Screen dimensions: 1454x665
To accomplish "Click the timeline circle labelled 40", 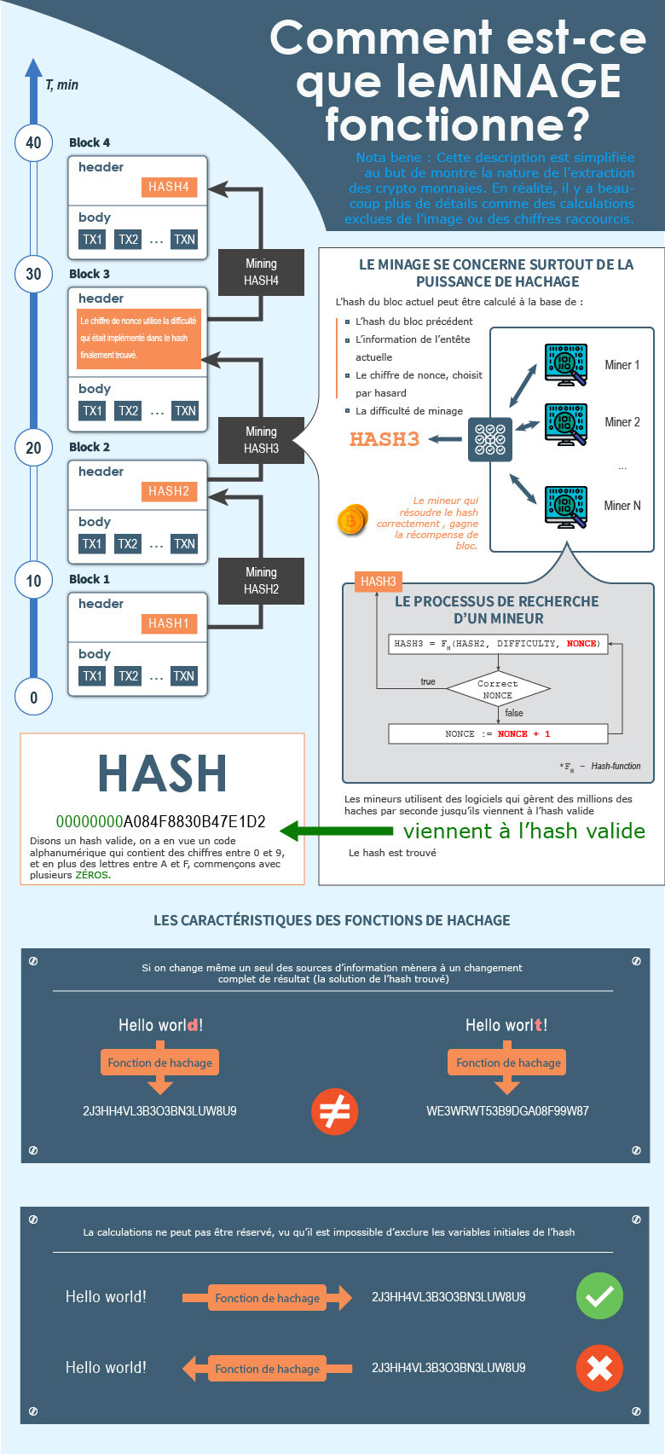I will pyautogui.click(x=33, y=142).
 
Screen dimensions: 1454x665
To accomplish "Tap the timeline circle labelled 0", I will pyautogui.click(x=33, y=697).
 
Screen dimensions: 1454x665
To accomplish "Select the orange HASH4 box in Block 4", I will pyautogui.click(x=169, y=187).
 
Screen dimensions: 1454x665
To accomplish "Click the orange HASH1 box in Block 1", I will pyautogui.click(x=169, y=623).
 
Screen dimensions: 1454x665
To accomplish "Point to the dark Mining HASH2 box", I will pyautogui.click(x=261, y=581).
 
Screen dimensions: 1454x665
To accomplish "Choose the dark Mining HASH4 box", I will pyautogui.click(x=261, y=272).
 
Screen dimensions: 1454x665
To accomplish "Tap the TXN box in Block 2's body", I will pyautogui.click(x=184, y=543).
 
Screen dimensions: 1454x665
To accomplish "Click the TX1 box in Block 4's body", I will pyautogui.click(x=92, y=240).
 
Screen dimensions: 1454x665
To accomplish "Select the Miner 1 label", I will pyautogui.click(x=622, y=365).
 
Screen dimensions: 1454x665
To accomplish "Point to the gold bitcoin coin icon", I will pyautogui.click(x=351, y=519).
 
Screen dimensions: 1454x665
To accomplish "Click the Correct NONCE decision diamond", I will pyautogui.click(x=498, y=689).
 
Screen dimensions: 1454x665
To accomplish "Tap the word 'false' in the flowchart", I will pyautogui.click(x=514, y=713).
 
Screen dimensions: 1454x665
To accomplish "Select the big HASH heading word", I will pyautogui.click(x=162, y=773).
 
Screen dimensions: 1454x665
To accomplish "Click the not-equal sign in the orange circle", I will pyautogui.click(x=334, y=1112).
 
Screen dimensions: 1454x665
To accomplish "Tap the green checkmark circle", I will pyautogui.click(x=599, y=1296).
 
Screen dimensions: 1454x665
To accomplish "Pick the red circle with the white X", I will pyautogui.click(x=599, y=1368).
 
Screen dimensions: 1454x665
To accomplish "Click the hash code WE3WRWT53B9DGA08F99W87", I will pyautogui.click(x=507, y=1111).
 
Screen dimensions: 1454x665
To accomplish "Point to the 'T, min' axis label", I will pyautogui.click(x=61, y=84).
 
